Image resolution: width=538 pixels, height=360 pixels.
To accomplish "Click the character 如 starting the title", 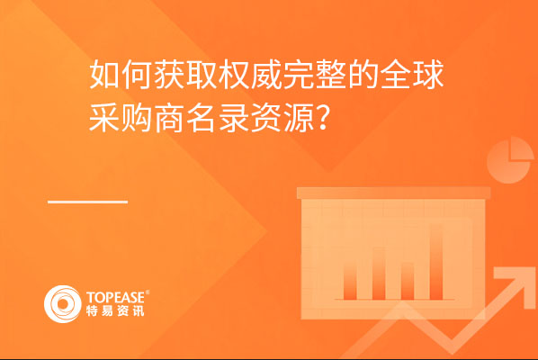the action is click(x=104, y=75).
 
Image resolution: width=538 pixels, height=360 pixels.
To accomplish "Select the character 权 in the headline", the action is click(x=233, y=75).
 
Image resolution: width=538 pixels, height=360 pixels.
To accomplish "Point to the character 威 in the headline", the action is click(x=265, y=75).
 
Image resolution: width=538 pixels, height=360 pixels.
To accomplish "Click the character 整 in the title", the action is click(x=330, y=75).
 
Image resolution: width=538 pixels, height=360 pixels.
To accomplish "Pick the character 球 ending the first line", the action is click(x=427, y=75).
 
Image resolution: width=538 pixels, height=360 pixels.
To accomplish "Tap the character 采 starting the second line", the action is click(x=104, y=117).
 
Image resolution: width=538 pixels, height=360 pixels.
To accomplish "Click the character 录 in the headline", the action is click(x=233, y=117).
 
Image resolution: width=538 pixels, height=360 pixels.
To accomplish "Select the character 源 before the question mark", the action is click(x=298, y=117).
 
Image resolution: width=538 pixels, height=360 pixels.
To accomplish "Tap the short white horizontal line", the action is click(x=87, y=202).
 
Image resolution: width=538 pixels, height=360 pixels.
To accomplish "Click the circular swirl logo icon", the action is click(x=62, y=304).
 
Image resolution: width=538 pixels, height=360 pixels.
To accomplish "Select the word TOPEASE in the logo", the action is click(x=115, y=298).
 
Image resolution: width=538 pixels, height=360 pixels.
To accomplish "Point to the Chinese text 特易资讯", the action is click(x=115, y=310).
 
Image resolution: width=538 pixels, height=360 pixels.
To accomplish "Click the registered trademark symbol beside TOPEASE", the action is click(x=148, y=292).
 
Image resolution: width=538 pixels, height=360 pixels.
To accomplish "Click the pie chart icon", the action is click(x=510, y=160).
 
